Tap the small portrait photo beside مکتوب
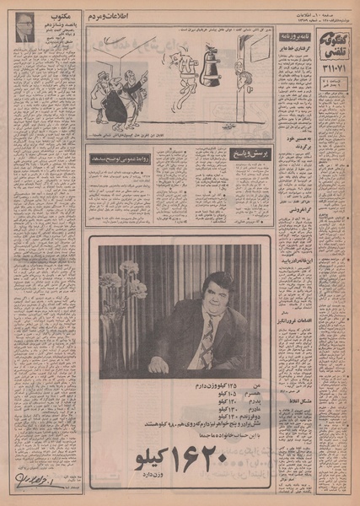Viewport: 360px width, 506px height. (x=24, y=30)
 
